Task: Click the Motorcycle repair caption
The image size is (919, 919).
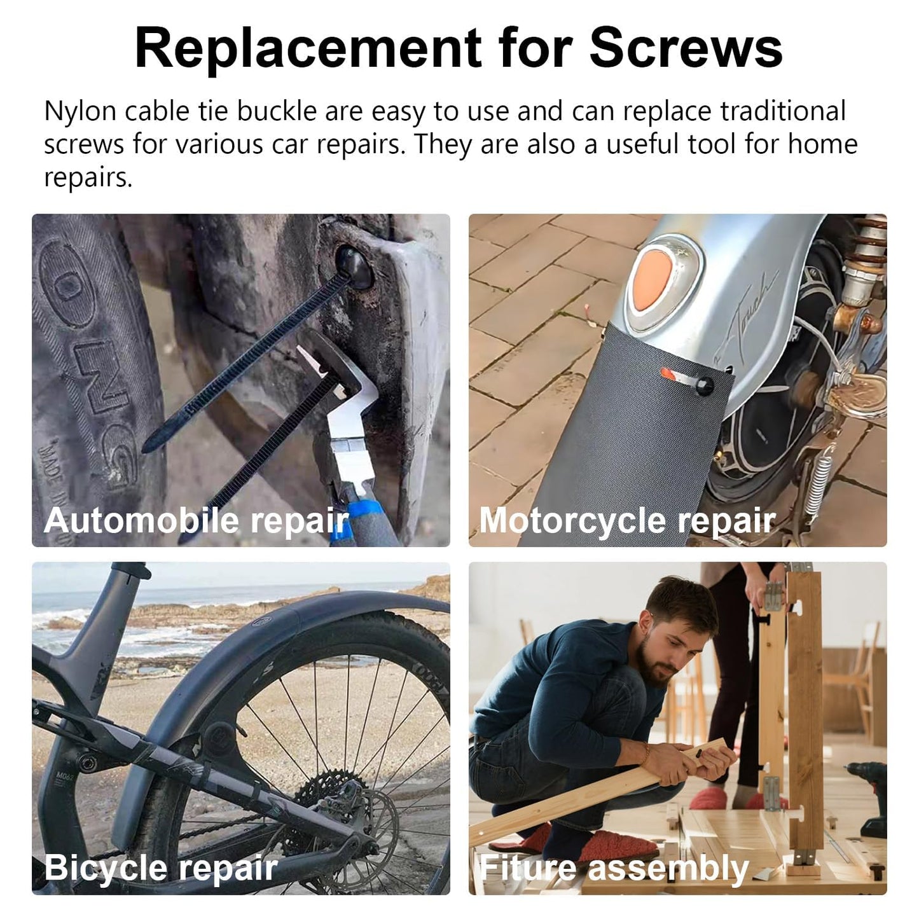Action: click(x=627, y=521)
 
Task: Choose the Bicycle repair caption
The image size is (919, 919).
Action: click(x=161, y=868)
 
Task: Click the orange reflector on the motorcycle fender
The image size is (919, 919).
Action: click(x=652, y=281)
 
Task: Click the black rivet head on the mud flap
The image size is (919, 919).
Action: click(x=704, y=384)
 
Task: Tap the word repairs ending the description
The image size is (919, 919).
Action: click(x=88, y=178)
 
